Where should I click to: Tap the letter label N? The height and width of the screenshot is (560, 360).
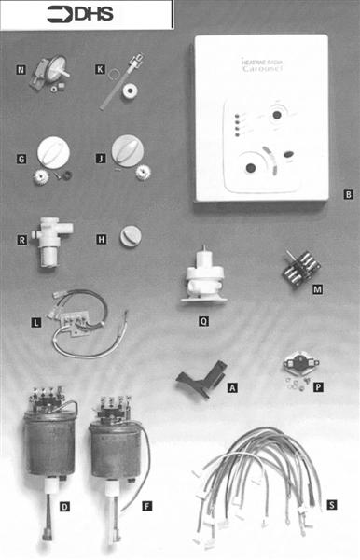pos(21,70)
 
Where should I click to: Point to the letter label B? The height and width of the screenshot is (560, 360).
pos(347,195)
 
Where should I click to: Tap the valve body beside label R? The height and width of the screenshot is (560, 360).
pos(47,242)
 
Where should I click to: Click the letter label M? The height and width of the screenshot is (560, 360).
pos(317,290)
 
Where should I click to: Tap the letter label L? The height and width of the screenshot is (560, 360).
pos(35,323)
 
